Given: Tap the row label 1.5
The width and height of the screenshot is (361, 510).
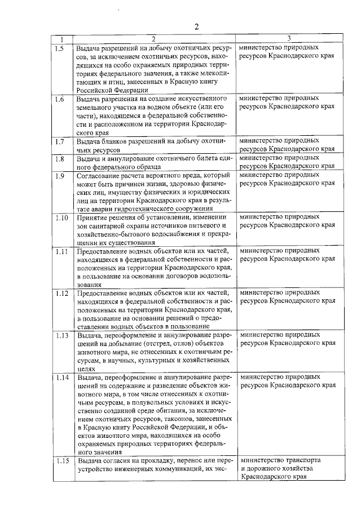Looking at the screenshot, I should click(x=60, y=48).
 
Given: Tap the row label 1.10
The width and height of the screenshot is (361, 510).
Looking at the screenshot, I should click(x=61, y=218).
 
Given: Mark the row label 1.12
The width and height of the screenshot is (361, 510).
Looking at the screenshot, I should click(x=61, y=293).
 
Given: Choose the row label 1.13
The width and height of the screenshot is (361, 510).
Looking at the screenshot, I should click(x=61, y=335).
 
